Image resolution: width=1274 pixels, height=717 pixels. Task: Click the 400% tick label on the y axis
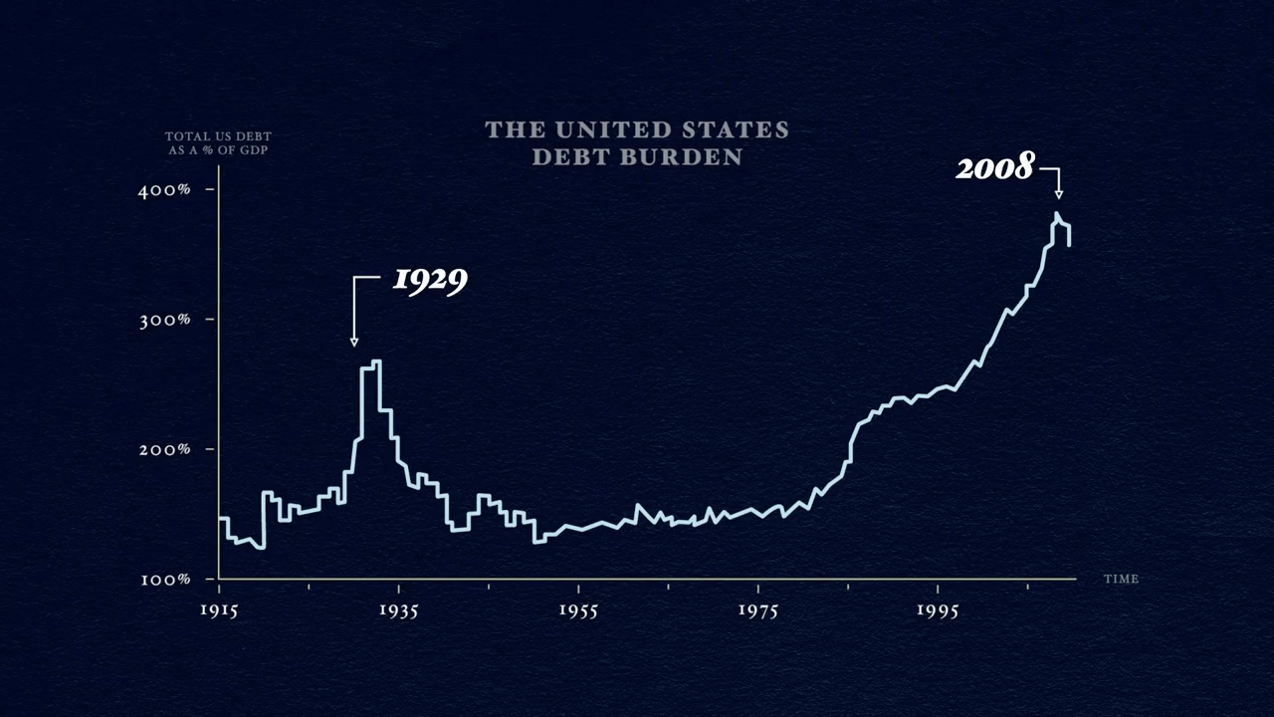[x=164, y=190]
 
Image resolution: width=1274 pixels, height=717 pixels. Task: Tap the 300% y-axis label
[x=164, y=320]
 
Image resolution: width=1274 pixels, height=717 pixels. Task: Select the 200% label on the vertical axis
[x=164, y=449]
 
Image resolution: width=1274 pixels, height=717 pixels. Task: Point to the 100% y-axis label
[x=164, y=580]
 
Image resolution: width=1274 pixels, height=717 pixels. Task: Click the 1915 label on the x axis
[x=218, y=609]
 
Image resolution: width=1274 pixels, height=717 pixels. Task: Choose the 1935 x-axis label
[x=398, y=609]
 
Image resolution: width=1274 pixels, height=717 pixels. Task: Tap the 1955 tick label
[x=578, y=609]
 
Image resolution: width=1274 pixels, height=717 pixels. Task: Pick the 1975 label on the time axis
[x=758, y=609]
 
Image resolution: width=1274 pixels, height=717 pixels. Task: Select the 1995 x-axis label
[x=938, y=609]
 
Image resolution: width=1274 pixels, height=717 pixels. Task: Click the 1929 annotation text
[x=430, y=280]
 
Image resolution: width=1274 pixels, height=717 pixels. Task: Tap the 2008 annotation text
[x=995, y=167]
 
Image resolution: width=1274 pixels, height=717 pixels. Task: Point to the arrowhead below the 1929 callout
[x=354, y=343]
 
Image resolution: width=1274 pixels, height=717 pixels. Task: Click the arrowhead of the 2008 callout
[x=1059, y=194]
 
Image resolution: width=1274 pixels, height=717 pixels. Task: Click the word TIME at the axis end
[x=1121, y=579]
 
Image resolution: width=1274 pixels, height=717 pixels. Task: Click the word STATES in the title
[x=737, y=130]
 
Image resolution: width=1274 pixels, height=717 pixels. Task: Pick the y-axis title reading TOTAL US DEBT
[x=218, y=136]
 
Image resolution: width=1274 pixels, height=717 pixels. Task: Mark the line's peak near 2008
[x=1057, y=213]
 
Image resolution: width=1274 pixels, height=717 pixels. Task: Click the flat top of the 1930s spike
[x=370, y=363]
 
